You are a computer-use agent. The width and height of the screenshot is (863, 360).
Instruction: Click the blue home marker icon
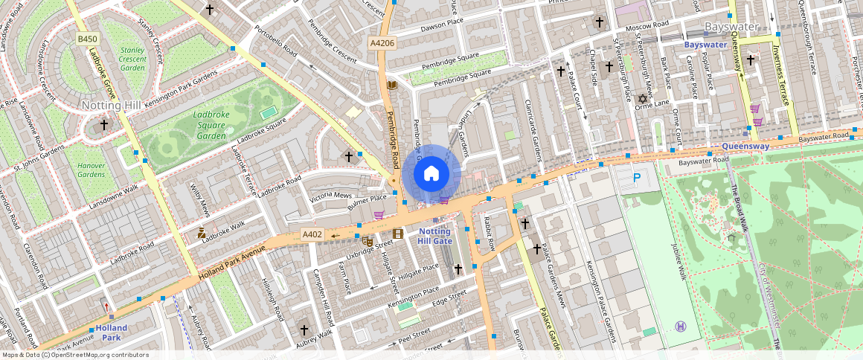(x=431, y=174)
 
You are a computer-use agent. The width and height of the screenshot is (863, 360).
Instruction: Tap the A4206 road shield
(x=382, y=44)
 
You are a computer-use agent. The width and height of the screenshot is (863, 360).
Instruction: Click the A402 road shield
(x=312, y=235)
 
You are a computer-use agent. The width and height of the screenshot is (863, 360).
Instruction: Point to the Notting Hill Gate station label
(x=434, y=236)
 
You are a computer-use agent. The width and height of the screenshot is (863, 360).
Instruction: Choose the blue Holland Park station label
(x=110, y=332)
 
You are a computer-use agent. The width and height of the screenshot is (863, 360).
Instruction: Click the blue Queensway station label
(x=745, y=147)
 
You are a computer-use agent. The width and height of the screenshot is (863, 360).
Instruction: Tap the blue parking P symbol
(x=636, y=179)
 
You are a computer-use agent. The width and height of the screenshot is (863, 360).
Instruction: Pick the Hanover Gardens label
(x=92, y=170)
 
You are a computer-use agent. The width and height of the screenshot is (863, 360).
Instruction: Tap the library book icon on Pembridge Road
(x=392, y=86)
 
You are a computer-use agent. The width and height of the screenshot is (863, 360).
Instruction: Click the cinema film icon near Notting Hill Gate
(x=398, y=234)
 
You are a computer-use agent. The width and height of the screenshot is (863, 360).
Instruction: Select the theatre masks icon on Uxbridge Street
(x=367, y=241)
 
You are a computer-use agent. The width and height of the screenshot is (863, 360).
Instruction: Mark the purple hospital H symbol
(x=679, y=327)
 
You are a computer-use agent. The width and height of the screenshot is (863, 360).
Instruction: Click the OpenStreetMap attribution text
(x=75, y=355)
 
